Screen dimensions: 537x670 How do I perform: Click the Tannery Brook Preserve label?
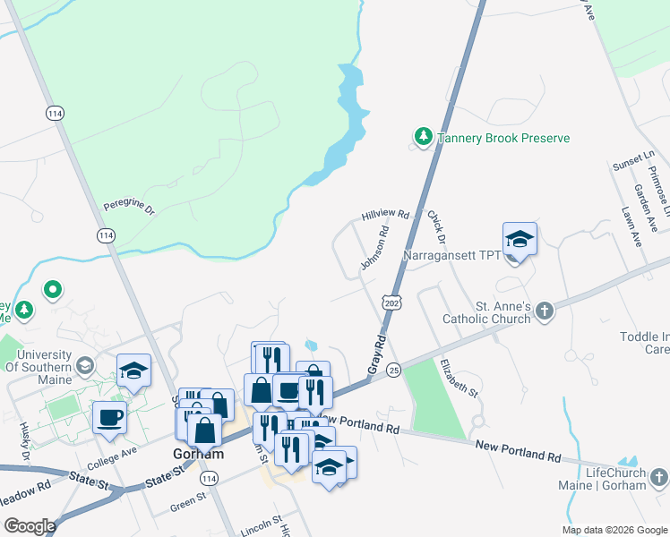pyautogui.click(x=503, y=139)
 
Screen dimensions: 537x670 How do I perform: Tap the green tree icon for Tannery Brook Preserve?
pyautogui.click(x=422, y=137)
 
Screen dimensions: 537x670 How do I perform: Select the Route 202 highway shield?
pyautogui.click(x=391, y=303)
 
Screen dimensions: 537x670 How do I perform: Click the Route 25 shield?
pyautogui.click(x=393, y=370)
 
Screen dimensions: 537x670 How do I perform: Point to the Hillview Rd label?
pyautogui.click(x=385, y=216)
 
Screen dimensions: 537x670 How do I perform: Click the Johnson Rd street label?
pyautogui.click(x=374, y=248)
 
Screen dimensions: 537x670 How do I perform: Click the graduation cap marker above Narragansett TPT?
pyautogui.click(x=520, y=239)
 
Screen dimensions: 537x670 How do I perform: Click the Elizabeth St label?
pyautogui.click(x=458, y=377)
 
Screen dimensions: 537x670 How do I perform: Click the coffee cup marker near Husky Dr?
pyautogui.click(x=110, y=418)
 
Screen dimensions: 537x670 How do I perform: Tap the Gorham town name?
pyautogui.click(x=197, y=454)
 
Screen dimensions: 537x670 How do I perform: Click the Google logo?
pyautogui.click(x=29, y=525)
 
